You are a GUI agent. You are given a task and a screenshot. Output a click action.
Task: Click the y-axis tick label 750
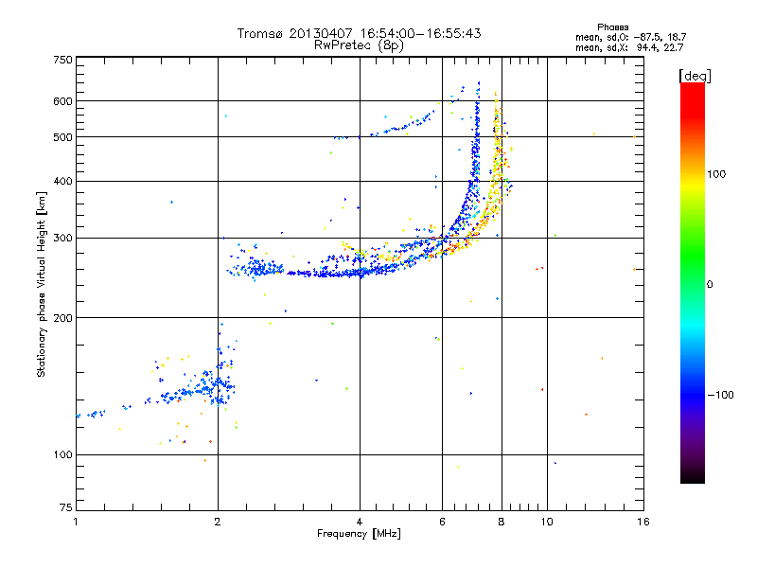pyautogui.click(x=62, y=60)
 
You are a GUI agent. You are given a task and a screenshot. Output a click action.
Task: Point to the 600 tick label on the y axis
pyautogui.click(x=62, y=101)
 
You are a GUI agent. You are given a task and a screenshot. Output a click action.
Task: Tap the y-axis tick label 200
pyautogui.click(x=62, y=318)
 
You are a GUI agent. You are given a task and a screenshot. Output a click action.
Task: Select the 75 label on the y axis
pyautogui.click(x=65, y=507)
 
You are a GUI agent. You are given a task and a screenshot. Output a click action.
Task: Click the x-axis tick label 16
pyautogui.click(x=643, y=522)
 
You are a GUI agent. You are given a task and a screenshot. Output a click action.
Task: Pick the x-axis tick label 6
pyautogui.click(x=442, y=522)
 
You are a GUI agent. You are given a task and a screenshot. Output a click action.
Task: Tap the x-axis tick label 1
pyautogui.click(x=76, y=522)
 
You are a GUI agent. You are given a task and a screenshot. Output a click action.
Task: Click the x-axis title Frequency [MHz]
pyautogui.click(x=359, y=534)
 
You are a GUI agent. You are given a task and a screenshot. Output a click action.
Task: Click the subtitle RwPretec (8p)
pyautogui.click(x=359, y=45)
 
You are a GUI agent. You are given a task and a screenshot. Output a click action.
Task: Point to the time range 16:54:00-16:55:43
pyautogui.click(x=420, y=33)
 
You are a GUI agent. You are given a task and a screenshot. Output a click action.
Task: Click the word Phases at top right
pyautogui.click(x=612, y=27)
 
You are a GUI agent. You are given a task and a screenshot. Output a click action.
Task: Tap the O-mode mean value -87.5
pyautogui.click(x=644, y=37)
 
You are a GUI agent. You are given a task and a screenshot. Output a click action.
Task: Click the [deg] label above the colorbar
pyautogui.click(x=695, y=76)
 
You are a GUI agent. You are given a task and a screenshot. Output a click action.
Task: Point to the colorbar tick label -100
pyautogui.click(x=721, y=395)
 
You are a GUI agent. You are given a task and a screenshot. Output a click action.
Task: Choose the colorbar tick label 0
pyautogui.click(x=710, y=285)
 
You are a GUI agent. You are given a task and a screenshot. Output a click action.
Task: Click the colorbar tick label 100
pyautogui.click(x=716, y=174)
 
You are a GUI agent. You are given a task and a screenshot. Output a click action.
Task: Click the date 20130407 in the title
pyautogui.click(x=321, y=33)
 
